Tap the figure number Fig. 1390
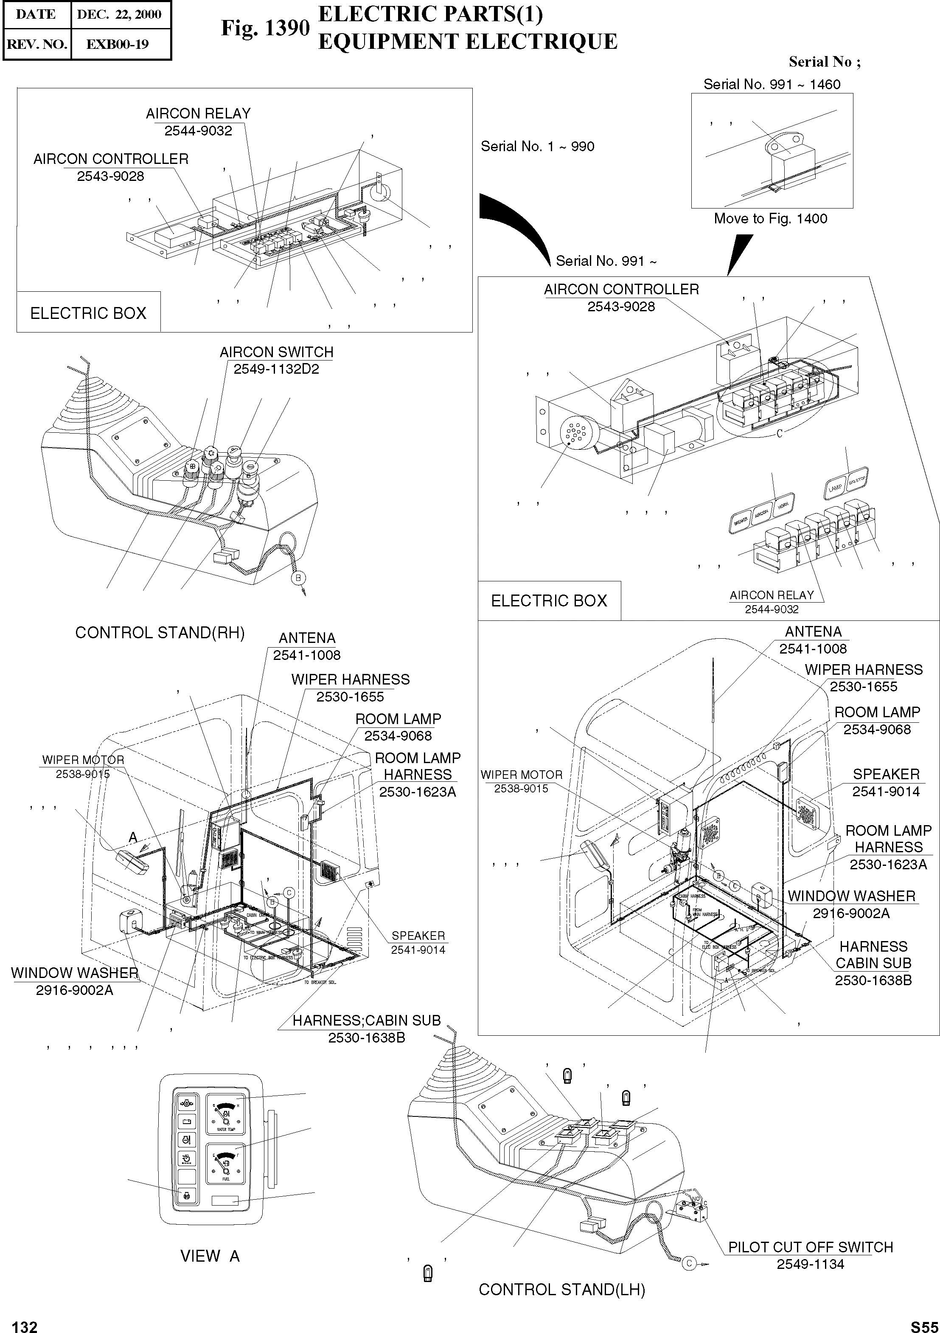click(265, 28)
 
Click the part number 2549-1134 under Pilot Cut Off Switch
click(810, 1264)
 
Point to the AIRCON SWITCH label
click(276, 352)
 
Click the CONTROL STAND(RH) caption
click(160, 633)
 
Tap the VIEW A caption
click(210, 1256)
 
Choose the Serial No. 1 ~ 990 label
click(537, 147)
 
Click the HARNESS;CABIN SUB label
click(366, 1020)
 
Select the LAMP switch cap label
click(835, 488)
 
